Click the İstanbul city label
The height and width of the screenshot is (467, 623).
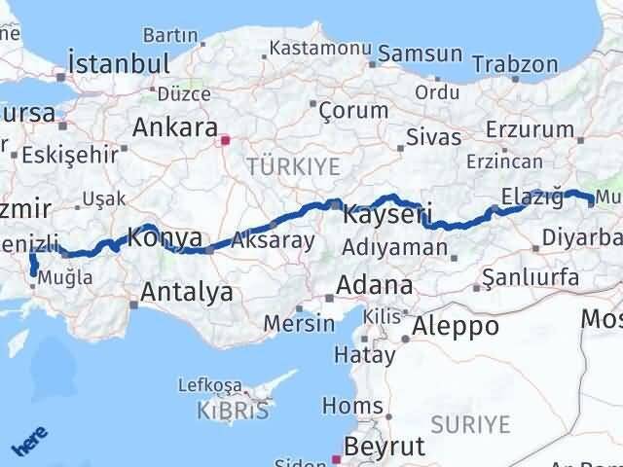(116, 64)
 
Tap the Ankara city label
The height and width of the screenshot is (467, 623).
(174, 127)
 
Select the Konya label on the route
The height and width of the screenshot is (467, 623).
(165, 237)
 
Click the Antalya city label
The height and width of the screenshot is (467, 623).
(186, 291)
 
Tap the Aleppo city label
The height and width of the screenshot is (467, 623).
(456, 326)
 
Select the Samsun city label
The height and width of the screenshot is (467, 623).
(420, 54)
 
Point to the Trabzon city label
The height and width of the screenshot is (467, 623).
(515, 64)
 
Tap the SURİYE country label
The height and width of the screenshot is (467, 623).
(470, 424)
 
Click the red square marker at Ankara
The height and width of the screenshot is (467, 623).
(225, 140)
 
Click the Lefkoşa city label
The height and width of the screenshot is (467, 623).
(208, 383)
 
